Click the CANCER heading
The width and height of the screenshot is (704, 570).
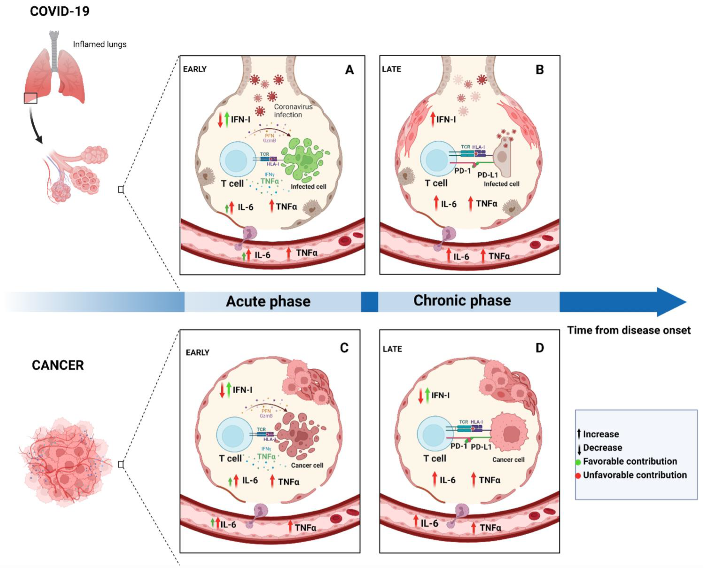(58, 365)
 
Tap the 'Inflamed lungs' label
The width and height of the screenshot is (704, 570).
(100, 44)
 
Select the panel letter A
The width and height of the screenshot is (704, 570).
(349, 70)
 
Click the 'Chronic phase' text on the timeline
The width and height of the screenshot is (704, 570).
(462, 300)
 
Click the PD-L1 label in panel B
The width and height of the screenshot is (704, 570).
(487, 175)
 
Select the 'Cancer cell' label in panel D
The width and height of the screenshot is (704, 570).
(508, 460)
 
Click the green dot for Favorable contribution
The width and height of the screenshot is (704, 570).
(579, 462)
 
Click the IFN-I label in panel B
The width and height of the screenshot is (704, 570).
(446, 119)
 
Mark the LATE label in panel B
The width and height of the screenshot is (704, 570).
(391, 69)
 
